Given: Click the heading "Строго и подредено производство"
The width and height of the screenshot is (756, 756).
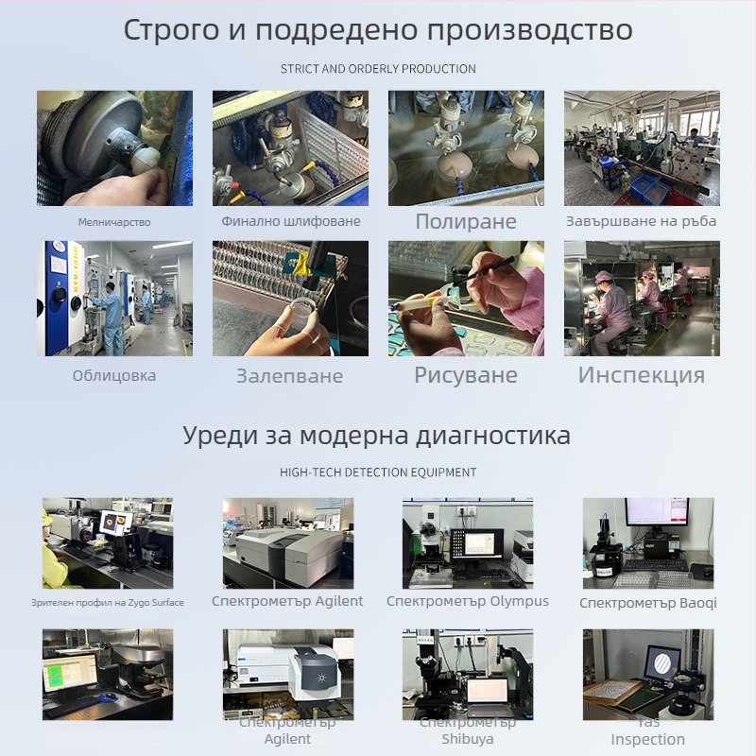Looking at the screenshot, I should [378, 29].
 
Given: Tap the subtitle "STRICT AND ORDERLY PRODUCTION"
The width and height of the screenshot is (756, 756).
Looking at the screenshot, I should [378, 69].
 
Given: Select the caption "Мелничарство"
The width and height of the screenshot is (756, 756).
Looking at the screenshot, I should [114, 222].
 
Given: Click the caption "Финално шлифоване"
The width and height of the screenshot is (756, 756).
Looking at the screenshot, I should [291, 221].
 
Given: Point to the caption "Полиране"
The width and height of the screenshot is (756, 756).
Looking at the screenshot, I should [466, 222].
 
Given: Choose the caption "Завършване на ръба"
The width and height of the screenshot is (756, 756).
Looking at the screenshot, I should [642, 221].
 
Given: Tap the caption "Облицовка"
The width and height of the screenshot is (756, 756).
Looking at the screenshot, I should [114, 375].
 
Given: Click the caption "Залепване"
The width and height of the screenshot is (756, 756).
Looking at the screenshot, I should [289, 376].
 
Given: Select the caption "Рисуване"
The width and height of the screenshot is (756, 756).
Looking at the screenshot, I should [466, 375].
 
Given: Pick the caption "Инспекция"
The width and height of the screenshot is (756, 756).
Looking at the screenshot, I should [642, 375].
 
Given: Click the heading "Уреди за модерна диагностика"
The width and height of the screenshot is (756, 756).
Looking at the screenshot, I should [377, 436].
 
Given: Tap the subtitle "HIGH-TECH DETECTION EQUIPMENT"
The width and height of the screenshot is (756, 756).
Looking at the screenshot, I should [378, 472].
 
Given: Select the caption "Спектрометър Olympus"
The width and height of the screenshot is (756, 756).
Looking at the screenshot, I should [468, 601].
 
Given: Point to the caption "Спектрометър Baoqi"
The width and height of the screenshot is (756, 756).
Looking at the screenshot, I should [648, 603].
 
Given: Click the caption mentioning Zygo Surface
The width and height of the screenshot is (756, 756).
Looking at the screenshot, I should [107, 602].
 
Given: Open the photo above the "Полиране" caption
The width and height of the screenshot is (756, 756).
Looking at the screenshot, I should [466, 148].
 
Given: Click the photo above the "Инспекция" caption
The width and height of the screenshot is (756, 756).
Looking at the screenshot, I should [642, 298].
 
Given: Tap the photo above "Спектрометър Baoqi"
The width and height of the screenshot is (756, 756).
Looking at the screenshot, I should [648, 542].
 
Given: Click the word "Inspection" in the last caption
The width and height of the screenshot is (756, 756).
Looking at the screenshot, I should [648, 739].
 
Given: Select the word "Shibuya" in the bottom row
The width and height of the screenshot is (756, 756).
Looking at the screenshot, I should [468, 739].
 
